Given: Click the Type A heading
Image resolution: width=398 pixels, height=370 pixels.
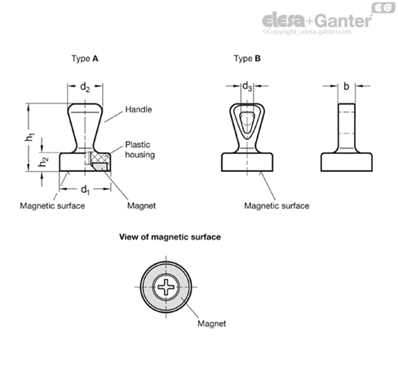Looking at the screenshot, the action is (85, 59).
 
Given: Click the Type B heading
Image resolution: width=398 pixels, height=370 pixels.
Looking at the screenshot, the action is (247, 59).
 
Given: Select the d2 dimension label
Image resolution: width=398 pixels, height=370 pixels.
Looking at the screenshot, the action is (85, 87).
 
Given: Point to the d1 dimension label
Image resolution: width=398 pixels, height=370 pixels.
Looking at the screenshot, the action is (85, 190).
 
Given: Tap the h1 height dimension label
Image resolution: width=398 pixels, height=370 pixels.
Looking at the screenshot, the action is (29, 137).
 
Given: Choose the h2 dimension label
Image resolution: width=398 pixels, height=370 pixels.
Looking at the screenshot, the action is (43, 162).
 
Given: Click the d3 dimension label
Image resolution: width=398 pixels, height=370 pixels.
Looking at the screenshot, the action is (247, 86).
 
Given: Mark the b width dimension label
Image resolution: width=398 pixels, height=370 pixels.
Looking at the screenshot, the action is (346, 86).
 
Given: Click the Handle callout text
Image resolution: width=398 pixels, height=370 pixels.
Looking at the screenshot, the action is (139, 109).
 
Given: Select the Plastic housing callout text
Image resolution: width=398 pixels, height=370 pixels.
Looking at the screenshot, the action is (139, 150).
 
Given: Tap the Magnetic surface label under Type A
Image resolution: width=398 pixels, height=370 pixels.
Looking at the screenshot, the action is (52, 205).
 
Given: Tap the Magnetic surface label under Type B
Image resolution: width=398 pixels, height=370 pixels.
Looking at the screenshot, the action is (276, 205).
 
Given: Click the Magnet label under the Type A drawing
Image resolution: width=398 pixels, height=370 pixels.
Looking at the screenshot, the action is (141, 205).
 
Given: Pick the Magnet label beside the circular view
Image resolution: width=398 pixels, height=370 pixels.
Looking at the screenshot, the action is (211, 324).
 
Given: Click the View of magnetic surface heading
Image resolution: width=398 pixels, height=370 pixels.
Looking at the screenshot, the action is (170, 237).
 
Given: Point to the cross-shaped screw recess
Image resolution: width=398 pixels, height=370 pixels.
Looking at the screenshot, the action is (166, 287).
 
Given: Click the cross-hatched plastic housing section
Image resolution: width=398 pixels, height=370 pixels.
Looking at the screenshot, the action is (100, 157).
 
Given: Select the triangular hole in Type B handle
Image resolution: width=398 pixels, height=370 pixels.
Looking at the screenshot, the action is (247, 122).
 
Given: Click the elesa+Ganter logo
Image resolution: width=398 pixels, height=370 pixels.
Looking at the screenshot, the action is (317, 20).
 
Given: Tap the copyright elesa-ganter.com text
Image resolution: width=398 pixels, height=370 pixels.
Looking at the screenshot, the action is (307, 32).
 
